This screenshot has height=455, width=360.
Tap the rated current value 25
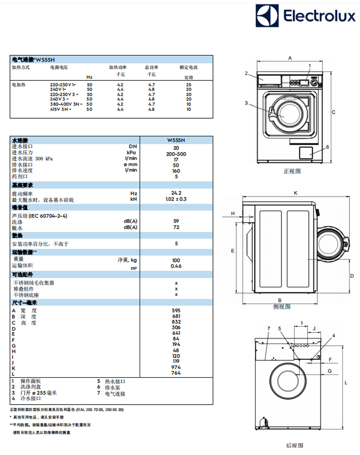[189, 85]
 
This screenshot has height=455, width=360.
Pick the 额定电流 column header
[188, 68]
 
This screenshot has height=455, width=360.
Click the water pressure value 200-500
[176, 154]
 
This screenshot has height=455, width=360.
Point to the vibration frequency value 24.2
[176, 193]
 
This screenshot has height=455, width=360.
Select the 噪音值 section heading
[21, 208]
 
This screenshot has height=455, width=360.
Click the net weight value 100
[176, 260]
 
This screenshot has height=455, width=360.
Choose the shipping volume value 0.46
[176, 266]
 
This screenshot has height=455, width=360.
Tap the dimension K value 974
[176, 368]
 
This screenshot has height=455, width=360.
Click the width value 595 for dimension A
[176, 310]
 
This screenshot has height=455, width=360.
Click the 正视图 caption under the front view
[292, 171]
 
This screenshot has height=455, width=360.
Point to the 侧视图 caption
[282, 306]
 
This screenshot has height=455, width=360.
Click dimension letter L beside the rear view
[346, 382]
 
